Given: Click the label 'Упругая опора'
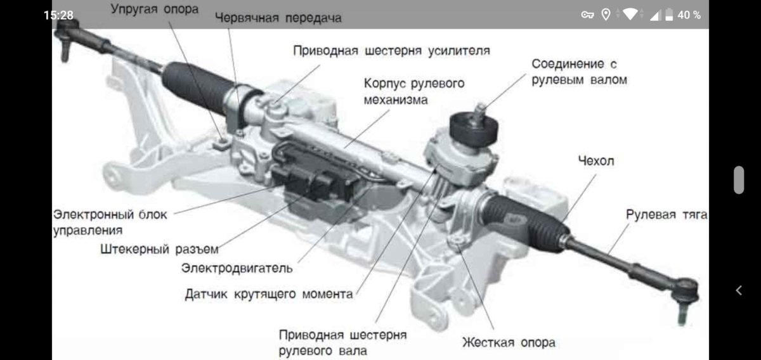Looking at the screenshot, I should click(154, 10).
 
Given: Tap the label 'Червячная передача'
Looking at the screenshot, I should click(278, 18).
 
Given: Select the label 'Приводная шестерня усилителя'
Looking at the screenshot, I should click(391, 50).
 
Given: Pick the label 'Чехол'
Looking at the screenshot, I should click(595, 161).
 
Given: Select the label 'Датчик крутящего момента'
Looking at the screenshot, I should click(269, 294).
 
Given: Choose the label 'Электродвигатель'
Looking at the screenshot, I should click(237, 268).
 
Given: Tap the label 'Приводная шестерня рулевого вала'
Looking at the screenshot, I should click(342, 342).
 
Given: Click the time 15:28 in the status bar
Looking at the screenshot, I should click(58, 15).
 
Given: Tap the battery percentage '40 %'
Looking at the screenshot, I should click(689, 15).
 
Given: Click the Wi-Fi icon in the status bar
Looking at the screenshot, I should click(629, 15).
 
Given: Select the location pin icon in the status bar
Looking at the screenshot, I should click(606, 15).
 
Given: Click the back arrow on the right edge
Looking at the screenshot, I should click(739, 290).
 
